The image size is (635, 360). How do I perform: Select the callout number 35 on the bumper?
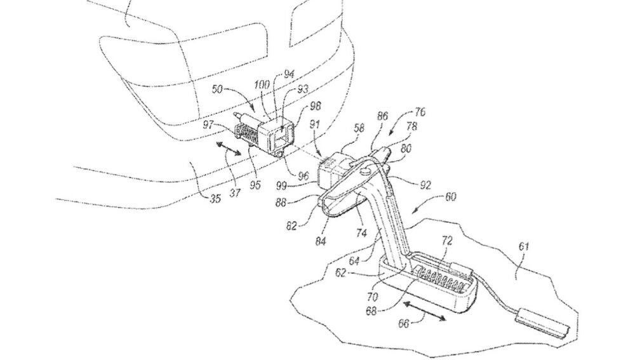tap(215, 199)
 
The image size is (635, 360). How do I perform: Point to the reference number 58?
tap(359, 129)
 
